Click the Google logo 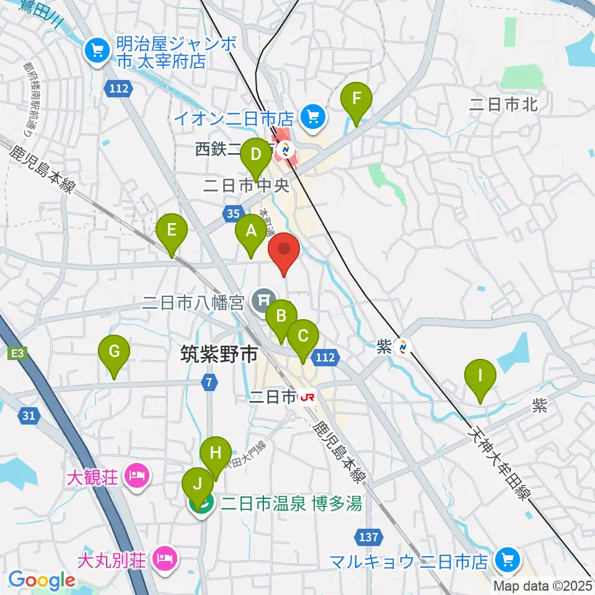42,580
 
